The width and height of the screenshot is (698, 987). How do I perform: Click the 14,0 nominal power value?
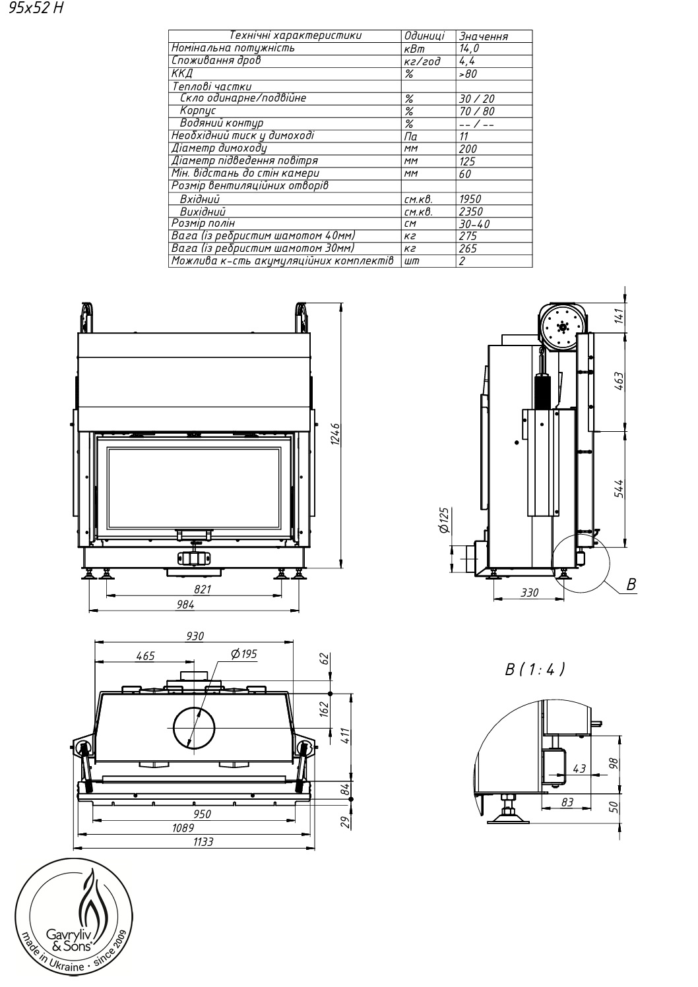click(468, 49)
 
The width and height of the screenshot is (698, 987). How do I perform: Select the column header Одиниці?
click(424, 36)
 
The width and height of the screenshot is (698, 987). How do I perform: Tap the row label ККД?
click(181, 73)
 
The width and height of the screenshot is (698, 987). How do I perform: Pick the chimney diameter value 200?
click(468, 149)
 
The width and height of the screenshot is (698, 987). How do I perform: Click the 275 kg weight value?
click(468, 236)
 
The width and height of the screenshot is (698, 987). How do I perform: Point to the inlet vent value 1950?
click(470, 199)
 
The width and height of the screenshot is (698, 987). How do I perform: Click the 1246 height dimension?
click(335, 434)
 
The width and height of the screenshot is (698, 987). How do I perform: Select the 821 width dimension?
click(203, 589)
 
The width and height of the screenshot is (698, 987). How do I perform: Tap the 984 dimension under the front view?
click(185, 605)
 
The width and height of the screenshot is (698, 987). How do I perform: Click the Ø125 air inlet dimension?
click(444, 520)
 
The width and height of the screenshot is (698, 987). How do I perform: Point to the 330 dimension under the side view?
click(530, 593)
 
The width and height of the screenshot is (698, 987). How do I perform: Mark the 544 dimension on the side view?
click(619, 489)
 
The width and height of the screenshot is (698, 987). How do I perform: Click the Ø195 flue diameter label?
click(244, 654)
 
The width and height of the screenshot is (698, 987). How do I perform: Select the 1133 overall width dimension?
click(203, 841)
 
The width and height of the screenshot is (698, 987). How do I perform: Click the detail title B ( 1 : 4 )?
click(534, 669)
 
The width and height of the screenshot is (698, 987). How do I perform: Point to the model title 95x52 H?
click(36, 8)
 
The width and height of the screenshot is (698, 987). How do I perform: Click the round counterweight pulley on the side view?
click(562, 327)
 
